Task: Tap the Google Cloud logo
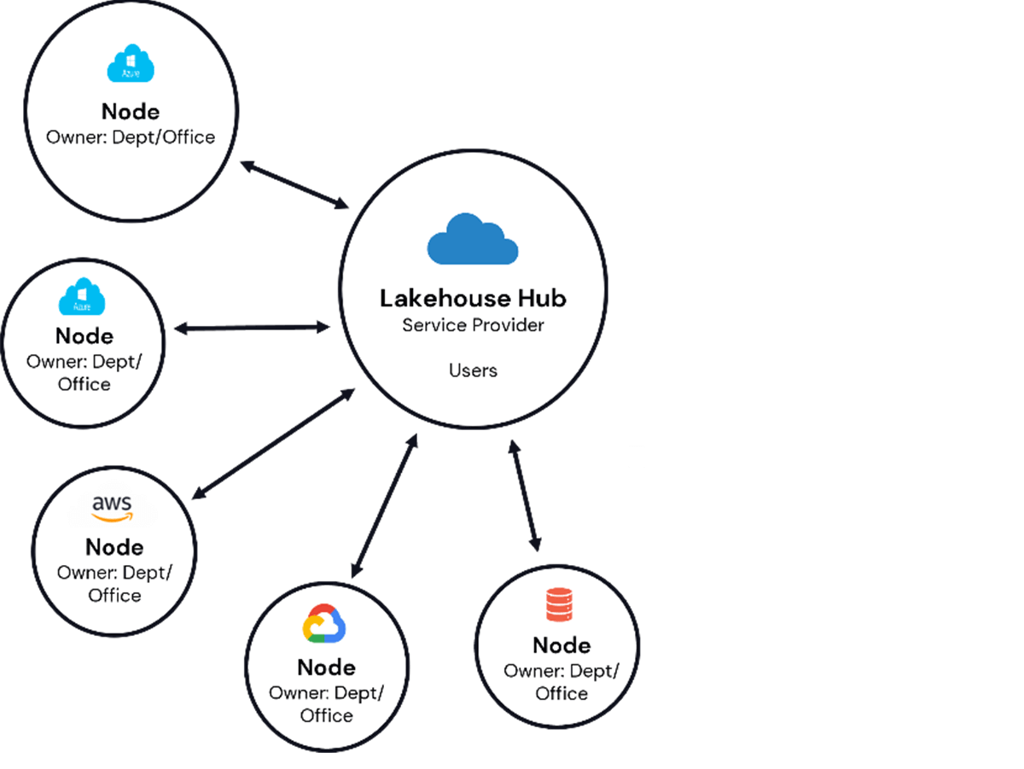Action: [x=324, y=624]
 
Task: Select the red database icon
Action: [x=561, y=604]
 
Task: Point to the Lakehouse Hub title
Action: [x=473, y=298]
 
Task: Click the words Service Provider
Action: [x=473, y=325]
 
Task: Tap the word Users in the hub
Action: [x=473, y=370]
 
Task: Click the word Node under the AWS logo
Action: [x=114, y=547]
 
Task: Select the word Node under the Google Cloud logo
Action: [x=326, y=667]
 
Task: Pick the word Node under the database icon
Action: [x=561, y=644]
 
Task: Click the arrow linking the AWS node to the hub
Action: [x=274, y=443]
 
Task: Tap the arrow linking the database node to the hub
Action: [x=524, y=495]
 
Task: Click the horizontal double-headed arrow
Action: [x=253, y=328]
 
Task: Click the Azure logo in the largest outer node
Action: [x=130, y=65]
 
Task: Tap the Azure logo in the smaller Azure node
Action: [x=82, y=297]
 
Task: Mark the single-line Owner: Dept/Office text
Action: [x=130, y=137]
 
